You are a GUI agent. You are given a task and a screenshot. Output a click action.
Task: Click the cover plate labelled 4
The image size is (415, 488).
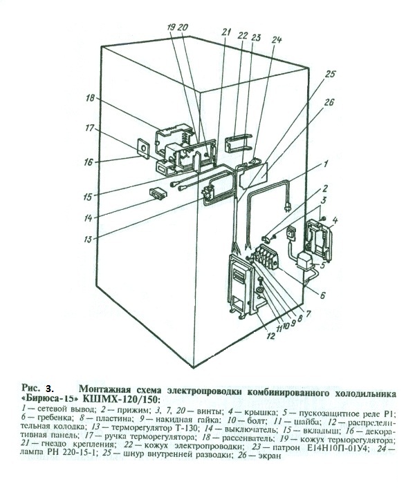tap(318, 235)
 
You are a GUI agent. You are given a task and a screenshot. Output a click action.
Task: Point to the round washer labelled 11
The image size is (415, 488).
tap(259, 292)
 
